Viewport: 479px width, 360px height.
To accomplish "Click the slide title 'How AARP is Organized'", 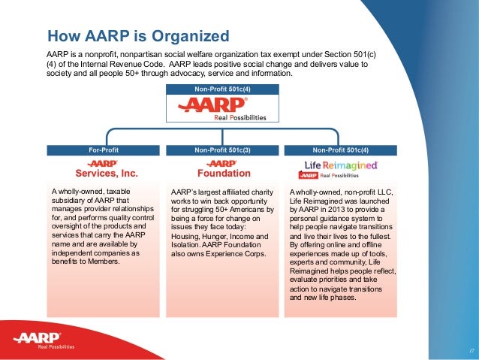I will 138,35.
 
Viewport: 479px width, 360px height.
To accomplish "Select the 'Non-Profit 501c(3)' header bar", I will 222,150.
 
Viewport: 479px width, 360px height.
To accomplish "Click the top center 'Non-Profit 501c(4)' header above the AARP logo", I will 222,90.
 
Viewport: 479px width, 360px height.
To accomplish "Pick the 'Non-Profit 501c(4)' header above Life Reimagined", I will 342,150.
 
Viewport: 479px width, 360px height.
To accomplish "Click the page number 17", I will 469,350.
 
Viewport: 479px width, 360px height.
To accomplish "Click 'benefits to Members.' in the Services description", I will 82,262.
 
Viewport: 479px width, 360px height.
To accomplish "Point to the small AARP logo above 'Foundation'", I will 222,162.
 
